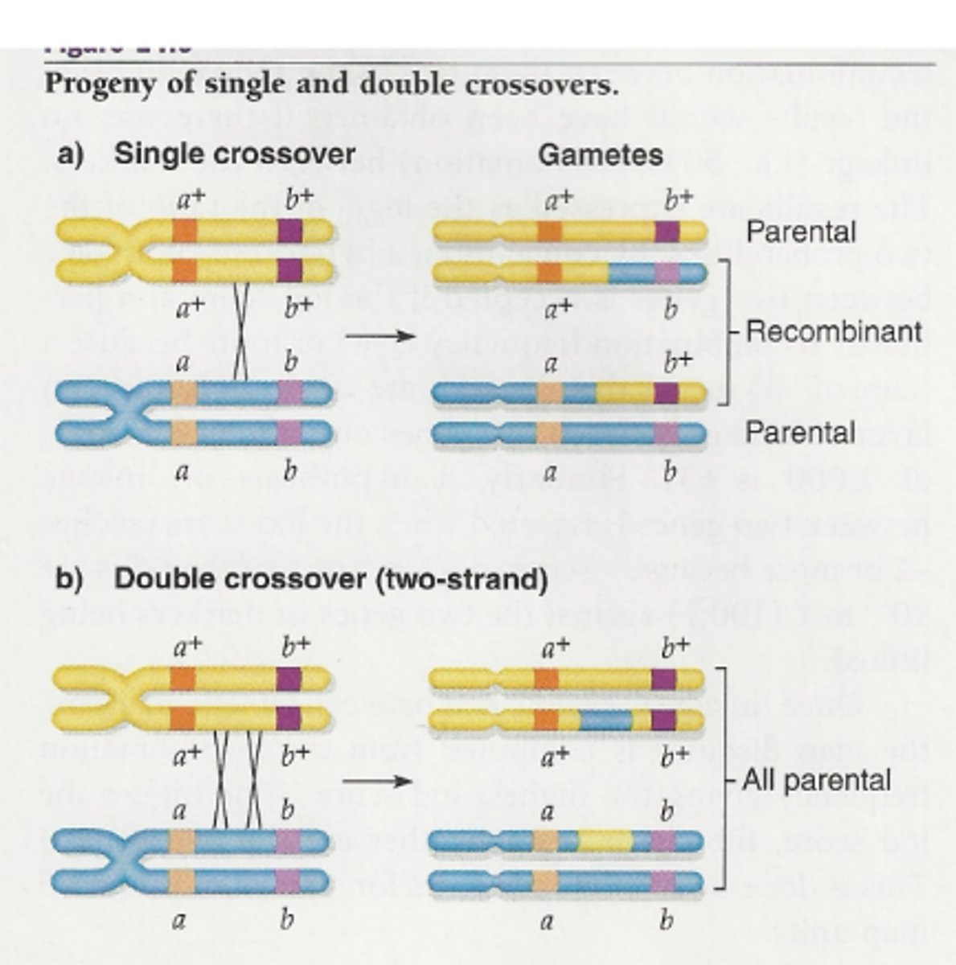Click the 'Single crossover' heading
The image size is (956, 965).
(234, 154)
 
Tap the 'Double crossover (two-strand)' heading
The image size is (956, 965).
(330, 579)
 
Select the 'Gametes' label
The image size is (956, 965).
(600, 154)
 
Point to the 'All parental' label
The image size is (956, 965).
(816, 780)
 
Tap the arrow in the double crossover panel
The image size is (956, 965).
(376, 781)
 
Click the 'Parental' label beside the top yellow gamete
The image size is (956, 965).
(801, 232)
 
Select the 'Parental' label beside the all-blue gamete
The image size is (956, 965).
(799, 433)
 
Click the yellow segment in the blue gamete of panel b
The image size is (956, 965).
(605, 841)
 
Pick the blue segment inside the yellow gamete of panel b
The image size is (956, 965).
(605, 720)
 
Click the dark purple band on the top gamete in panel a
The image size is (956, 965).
(667, 232)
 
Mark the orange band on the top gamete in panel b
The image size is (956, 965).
(545, 680)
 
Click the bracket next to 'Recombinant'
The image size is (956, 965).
(728, 331)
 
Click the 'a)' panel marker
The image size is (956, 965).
(72, 154)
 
